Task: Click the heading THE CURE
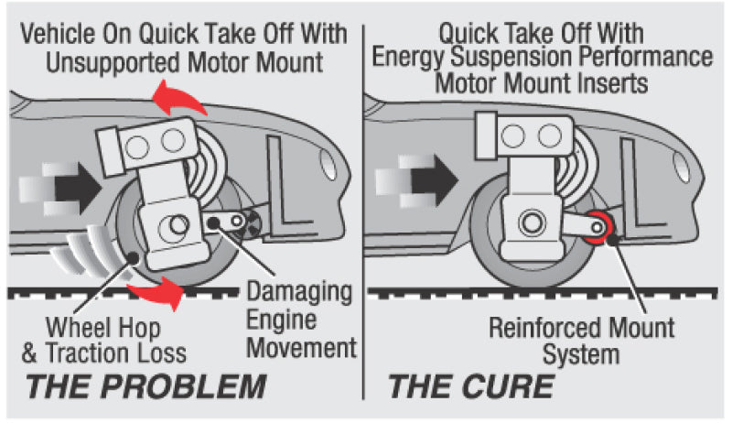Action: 471,385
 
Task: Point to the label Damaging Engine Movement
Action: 301,320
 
